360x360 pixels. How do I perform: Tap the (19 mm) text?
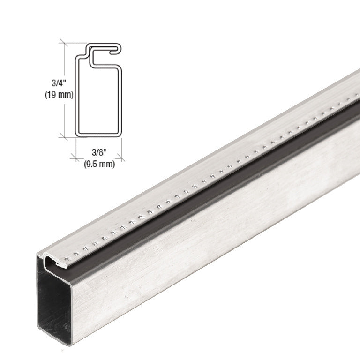(x=59, y=94)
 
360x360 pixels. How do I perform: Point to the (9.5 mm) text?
(x=99, y=164)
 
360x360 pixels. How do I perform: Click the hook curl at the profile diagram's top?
(x=116, y=49)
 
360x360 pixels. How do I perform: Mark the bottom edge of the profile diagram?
(x=98, y=135)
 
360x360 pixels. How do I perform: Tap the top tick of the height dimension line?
(x=64, y=43)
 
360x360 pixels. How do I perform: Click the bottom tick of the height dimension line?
(x=64, y=137)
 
